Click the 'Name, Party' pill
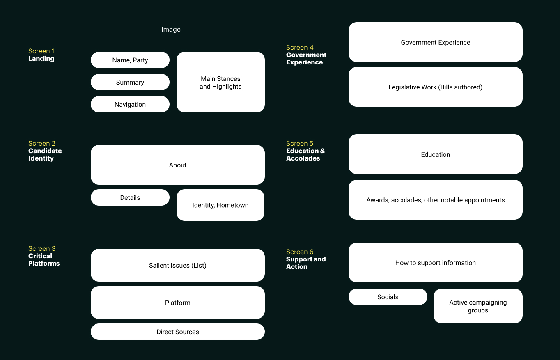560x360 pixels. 130,60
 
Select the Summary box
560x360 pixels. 130,82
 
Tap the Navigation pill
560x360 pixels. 130,104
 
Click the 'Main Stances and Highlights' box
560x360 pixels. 220,82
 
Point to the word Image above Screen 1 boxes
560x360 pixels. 171,30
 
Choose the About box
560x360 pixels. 178,165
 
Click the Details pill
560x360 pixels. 130,197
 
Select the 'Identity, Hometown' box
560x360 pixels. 220,205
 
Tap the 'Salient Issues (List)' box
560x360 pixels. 178,265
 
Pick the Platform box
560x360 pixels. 178,303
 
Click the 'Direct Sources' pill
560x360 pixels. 178,332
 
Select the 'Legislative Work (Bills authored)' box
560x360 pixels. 436,87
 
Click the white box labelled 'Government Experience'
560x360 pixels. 436,42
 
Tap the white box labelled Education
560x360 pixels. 436,154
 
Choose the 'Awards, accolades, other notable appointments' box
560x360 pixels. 436,200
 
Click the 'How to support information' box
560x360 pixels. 436,262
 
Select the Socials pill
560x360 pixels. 388,297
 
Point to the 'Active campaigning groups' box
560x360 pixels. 478,306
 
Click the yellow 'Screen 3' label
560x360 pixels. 42,248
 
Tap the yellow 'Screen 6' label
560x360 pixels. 300,252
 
